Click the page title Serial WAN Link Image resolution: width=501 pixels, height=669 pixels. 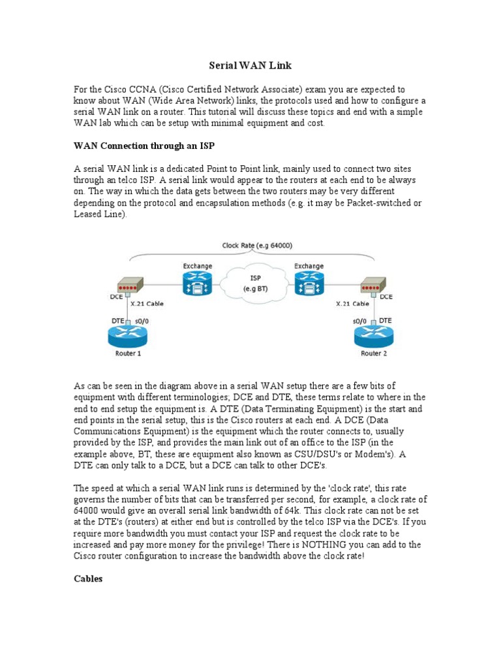[x=250, y=65]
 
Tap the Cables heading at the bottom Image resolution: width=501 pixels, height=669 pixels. [x=88, y=579]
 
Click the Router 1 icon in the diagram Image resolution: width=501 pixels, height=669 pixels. [x=128, y=336]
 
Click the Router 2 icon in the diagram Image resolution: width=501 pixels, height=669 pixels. [x=374, y=336]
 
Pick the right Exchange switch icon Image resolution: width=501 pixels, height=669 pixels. [x=309, y=283]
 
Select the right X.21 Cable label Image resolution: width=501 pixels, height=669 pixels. [x=352, y=304]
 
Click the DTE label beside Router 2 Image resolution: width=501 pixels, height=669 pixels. [x=385, y=321]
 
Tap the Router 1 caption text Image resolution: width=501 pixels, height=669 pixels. [x=128, y=353]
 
